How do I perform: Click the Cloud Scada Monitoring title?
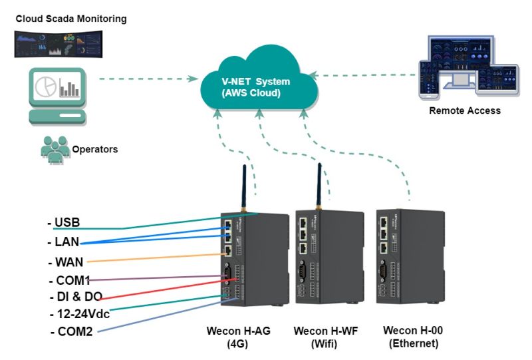pos(71,19)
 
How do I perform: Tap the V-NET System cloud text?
pos(255,87)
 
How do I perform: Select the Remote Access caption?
pos(465,110)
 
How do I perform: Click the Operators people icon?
pos(55,147)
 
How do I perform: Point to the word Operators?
pos(94,150)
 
